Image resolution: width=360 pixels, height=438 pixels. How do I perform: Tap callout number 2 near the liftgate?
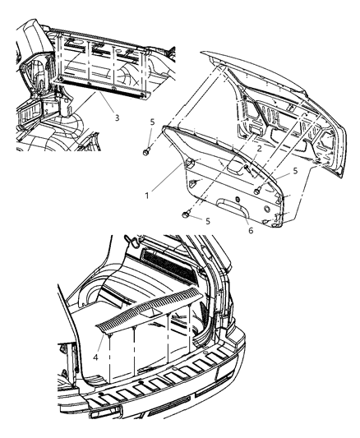(x=258, y=149)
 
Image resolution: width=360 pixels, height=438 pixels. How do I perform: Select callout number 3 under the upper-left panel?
(x=118, y=118)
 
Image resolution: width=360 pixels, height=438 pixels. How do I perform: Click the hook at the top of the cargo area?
(x=131, y=242)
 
